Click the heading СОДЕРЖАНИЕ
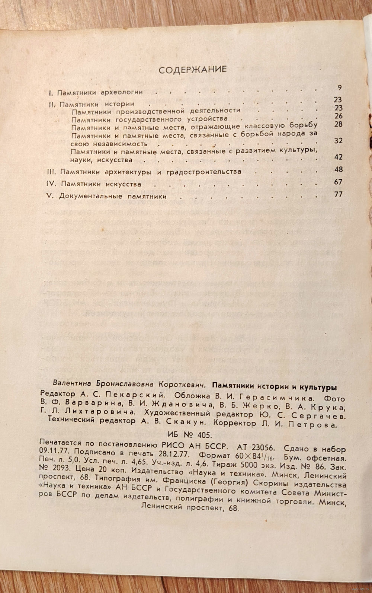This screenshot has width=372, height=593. (193, 69)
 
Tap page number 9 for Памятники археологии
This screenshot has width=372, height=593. (340, 88)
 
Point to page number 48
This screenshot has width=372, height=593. (338, 170)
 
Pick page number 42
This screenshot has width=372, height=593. (338, 157)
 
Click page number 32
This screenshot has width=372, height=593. (338, 141)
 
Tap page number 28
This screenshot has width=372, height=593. (338, 124)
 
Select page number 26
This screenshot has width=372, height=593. (338, 116)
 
